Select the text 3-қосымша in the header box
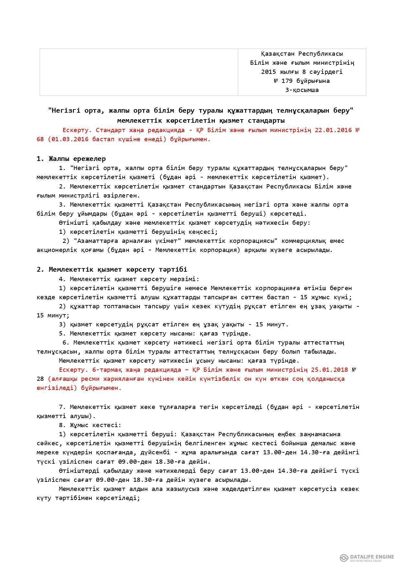pyautogui.click(x=302, y=90)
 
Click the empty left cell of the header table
pyautogui.click(x=139, y=72)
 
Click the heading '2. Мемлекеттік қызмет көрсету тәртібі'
pyautogui.click(x=112, y=269)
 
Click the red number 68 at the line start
pyautogui.click(x=40, y=139)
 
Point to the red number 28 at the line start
pyautogui.click(x=40, y=379)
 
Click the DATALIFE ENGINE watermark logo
pyautogui.click(x=367, y=557)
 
